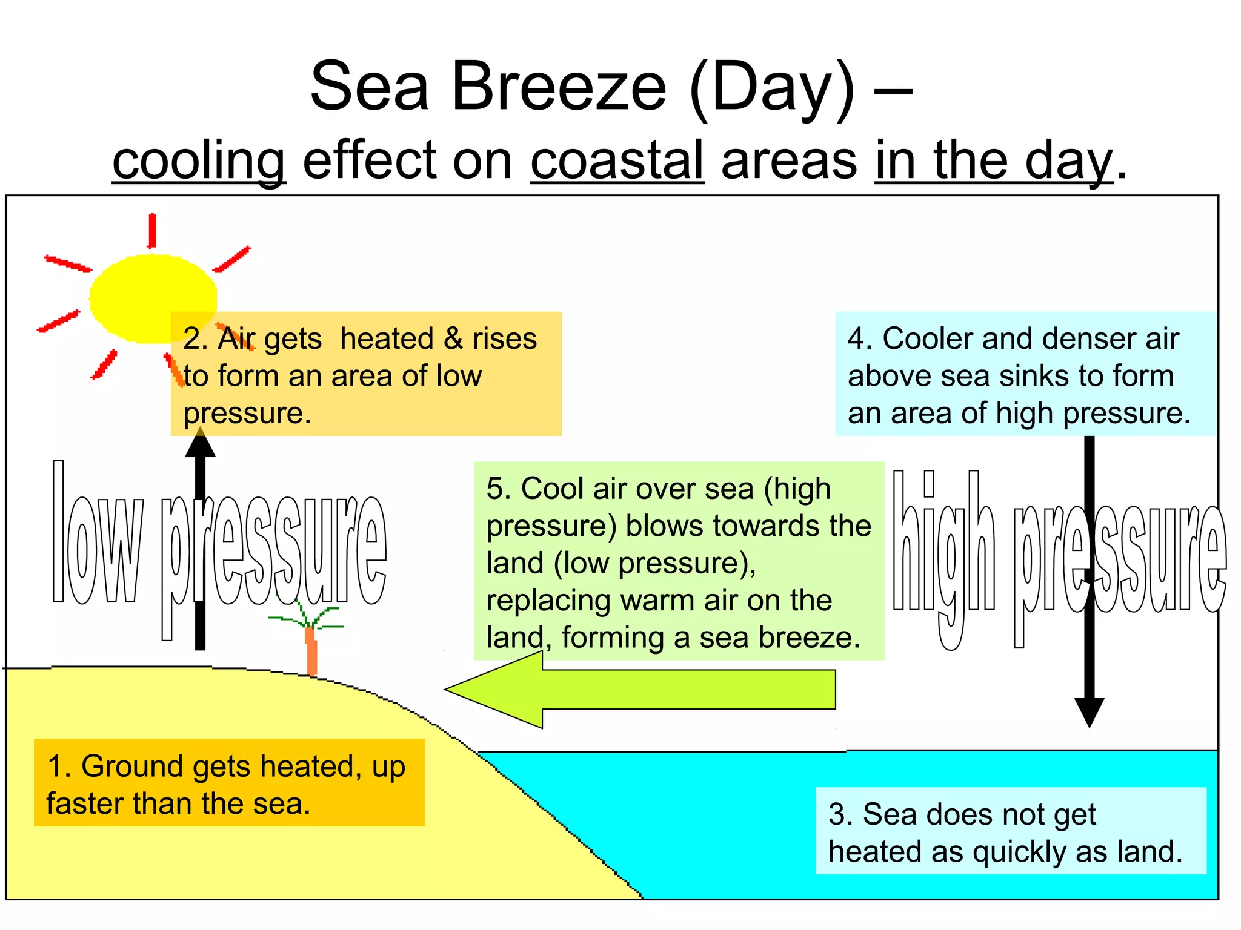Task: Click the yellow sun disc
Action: pyautogui.click(x=145, y=291)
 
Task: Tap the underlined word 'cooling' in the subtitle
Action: pyautogui.click(x=199, y=160)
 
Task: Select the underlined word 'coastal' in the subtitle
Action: pyautogui.click(x=617, y=160)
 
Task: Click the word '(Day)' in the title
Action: pyautogui.click(x=772, y=88)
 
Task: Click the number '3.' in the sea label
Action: pyautogui.click(x=840, y=814)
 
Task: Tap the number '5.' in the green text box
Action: pyautogui.click(x=499, y=489)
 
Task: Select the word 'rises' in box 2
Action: pyautogui.click(x=504, y=338)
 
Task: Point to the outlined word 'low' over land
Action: pyautogui.click(x=97, y=545)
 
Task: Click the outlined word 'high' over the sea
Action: pyautogui.click(x=944, y=551)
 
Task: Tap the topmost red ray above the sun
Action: pyautogui.click(x=152, y=230)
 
